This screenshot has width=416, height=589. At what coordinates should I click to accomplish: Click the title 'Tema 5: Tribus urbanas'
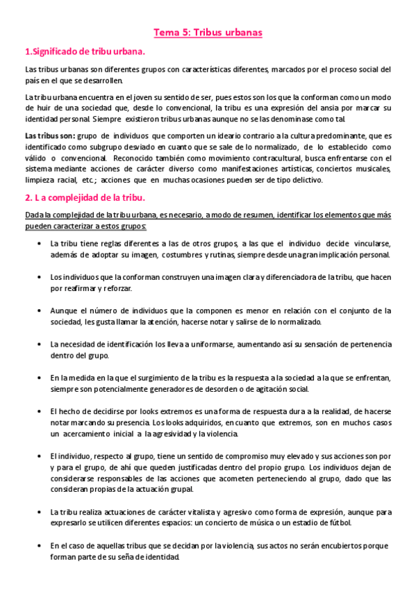(x=208, y=32)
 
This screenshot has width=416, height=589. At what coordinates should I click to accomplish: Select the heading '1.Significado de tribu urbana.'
(x=85, y=51)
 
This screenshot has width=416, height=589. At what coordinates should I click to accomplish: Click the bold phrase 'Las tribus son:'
(x=50, y=135)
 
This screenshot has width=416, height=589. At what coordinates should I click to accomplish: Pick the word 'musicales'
(x=369, y=169)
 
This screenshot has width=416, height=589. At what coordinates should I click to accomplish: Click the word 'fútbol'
(x=337, y=524)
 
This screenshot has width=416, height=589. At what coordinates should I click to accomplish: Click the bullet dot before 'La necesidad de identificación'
(x=36, y=345)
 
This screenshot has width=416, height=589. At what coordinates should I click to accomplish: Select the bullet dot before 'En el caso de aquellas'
(x=36, y=546)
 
